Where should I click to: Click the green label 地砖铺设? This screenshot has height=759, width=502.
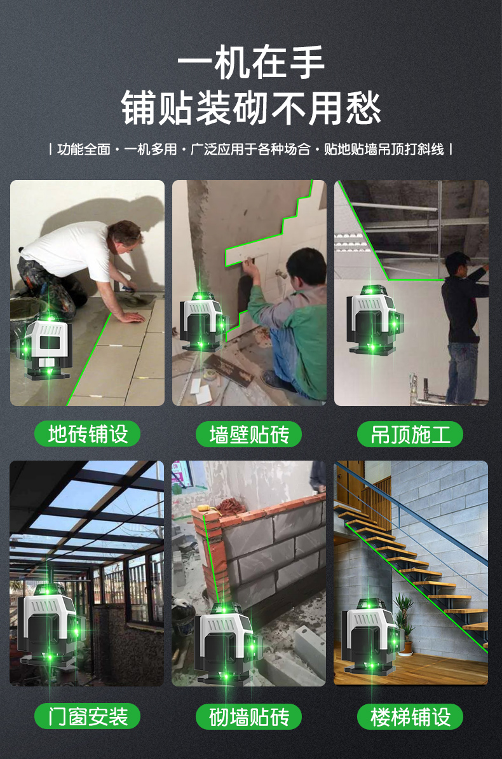tap(87, 434)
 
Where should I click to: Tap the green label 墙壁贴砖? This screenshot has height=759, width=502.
tap(248, 434)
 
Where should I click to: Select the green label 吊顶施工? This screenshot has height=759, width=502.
tap(410, 434)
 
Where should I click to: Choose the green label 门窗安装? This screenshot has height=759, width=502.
tap(87, 716)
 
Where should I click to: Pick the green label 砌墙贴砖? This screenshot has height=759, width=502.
tap(248, 716)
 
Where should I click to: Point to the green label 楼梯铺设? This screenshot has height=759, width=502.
tap(410, 716)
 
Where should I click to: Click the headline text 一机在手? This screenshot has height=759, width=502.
tap(251, 62)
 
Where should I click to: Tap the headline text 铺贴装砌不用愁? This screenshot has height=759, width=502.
tap(251, 108)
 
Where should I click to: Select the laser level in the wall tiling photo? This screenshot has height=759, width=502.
tap(204, 321)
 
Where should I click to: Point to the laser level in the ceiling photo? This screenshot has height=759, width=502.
tap(374, 319)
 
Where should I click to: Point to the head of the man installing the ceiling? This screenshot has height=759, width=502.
tap(457, 264)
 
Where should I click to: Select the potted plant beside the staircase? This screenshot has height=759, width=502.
tap(404, 624)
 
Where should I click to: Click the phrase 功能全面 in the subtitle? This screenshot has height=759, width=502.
tap(84, 149)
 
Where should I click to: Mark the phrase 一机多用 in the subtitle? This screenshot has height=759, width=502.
tap(151, 149)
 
